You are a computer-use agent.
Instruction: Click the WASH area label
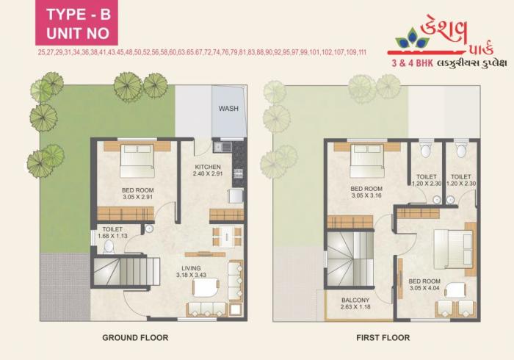pos(228,109)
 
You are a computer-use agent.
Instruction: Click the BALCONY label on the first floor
pos(355,299)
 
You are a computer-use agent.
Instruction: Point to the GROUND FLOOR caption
pos(134,338)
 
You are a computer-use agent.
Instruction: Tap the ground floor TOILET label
pos(112,229)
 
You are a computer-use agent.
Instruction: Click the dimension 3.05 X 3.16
pos(368,195)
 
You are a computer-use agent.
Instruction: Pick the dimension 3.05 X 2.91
pos(137,198)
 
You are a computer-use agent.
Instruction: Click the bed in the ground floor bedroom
pos(137,160)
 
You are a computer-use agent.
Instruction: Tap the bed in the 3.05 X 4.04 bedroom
pos(452,248)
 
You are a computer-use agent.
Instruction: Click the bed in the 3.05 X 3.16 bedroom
pos(367,160)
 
